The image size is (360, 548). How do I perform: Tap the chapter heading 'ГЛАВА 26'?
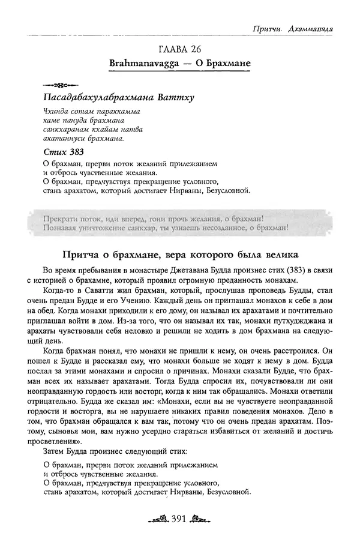point(180,49)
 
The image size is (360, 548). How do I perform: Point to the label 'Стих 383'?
point(65,151)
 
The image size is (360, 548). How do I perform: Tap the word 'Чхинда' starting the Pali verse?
point(56,112)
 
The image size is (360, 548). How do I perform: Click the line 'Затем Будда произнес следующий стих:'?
point(112,450)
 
